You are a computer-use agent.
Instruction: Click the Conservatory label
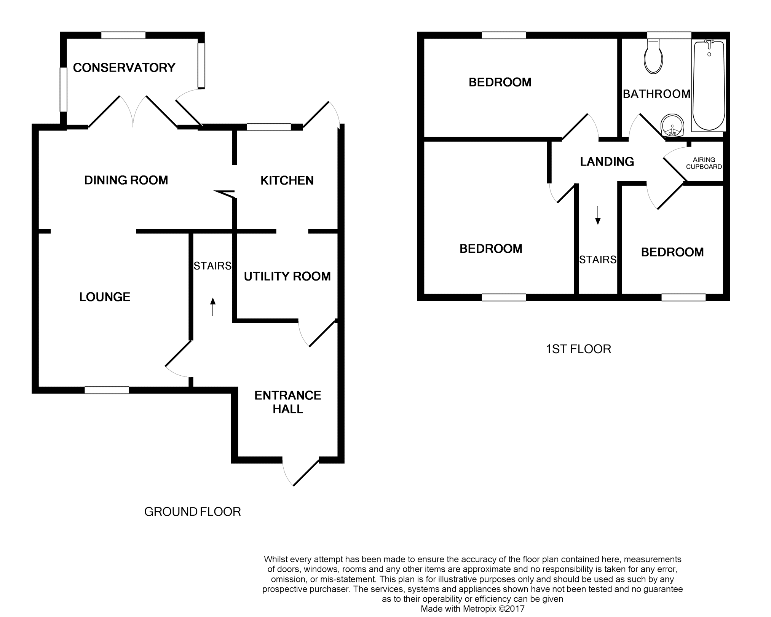pos(124,68)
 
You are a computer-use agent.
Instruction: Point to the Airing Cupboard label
pos(704,163)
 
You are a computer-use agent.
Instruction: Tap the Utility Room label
pos(287,276)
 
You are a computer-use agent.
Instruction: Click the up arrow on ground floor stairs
pos(213,306)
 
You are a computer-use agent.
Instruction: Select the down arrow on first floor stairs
pos(598,215)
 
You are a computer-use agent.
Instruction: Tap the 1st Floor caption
pos(578,349)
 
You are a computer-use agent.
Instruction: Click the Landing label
pos(607,162)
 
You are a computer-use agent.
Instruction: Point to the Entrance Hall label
pos(288,402)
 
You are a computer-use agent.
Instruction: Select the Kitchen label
pos(287,180)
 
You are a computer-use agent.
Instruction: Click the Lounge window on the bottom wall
pos(107,390)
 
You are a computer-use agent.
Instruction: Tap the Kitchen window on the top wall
pos(268,127)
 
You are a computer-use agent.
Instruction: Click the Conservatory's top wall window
pos(123,35)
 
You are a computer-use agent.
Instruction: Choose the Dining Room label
pos(126,180)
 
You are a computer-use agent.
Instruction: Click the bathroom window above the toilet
pos(669,35)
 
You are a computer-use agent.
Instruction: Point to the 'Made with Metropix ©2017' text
pos(472,609)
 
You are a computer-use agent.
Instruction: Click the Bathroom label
pos(656,94)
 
